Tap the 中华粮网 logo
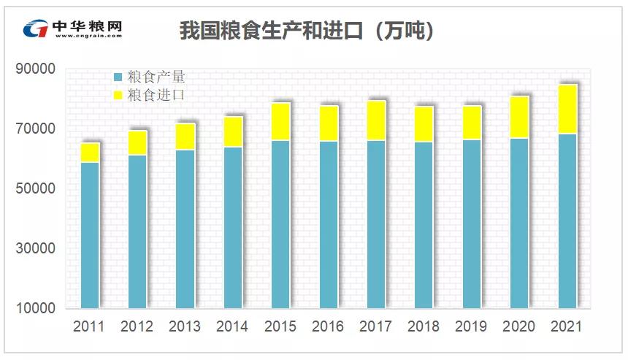coord(73,28)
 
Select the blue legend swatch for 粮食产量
coord(118,77)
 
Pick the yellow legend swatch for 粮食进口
coord(118,95)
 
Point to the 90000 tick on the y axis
coord(35,69)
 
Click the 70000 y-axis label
coord(35,129)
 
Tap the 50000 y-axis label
coord(35,188)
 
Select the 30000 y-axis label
coord(35,248)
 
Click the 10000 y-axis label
coord(35,308)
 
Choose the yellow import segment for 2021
coord(567,110)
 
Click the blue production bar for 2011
coord(90,234)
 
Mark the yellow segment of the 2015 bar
coord(281,122)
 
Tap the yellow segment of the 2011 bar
coord(90,153)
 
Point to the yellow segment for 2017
coord(376,121)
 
